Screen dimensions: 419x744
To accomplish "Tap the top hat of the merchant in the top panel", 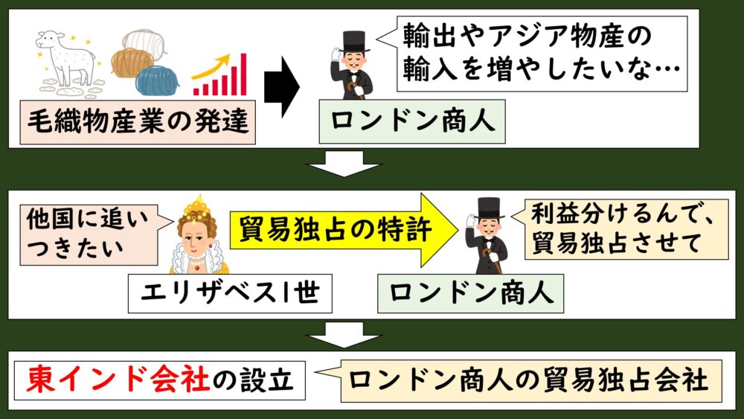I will (353, 41).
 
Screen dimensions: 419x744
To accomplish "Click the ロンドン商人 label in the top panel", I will (412, 121).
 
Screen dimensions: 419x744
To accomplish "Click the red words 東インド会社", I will (118, 380).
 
